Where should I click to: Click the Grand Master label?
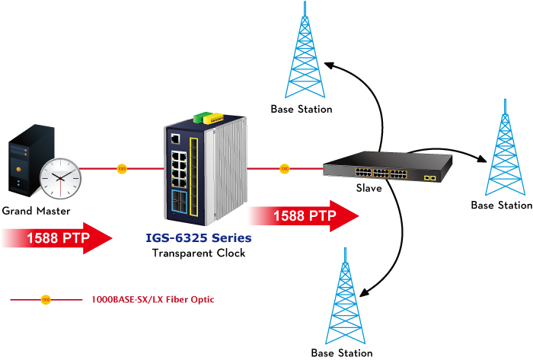[36, 211]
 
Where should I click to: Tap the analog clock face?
[60, 178]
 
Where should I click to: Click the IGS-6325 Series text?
[199, 237]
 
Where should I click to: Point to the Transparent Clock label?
[199, 253]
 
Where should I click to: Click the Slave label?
[369, 188]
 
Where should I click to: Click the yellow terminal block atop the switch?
[213, 118]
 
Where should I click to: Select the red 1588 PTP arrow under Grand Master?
[57, 238]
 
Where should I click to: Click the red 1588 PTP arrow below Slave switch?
[304, 216]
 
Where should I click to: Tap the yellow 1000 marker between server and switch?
[122, 168]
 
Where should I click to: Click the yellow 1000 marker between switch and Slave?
[285, 168]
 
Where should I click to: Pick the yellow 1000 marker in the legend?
[46, 300]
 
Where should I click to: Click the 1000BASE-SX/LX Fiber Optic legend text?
[153, 300]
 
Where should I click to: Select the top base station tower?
[305, 50]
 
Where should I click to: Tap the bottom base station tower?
[345, 296]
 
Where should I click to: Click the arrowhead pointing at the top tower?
[330, 65]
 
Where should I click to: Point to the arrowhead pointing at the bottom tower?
[365, 292]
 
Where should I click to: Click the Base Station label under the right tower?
[501, 205]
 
